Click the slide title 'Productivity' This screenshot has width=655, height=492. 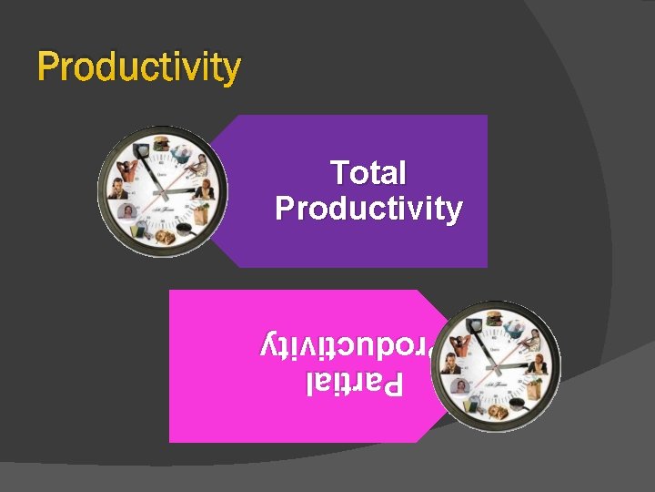pyautogui.click(x=139, y=67)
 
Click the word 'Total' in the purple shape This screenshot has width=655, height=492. pyautogui.click(x=368, y=172)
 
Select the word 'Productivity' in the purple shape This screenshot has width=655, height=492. pyautogui.click(x=368, y=209)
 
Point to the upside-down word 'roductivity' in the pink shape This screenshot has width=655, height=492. pyautogui.click(x=351, y=346)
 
